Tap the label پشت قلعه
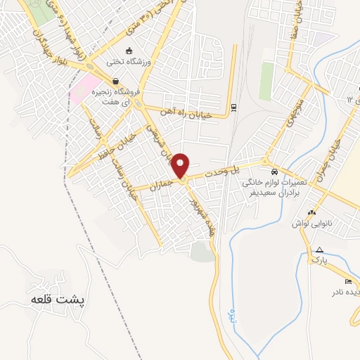click(58, 299)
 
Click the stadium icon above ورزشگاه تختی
click(129, 51)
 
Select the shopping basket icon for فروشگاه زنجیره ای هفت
click(115, 82)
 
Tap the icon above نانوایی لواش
click(311, 212)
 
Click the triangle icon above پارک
click(320, 250)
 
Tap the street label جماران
click(162, 184)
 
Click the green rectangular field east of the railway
click(266, 81)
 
